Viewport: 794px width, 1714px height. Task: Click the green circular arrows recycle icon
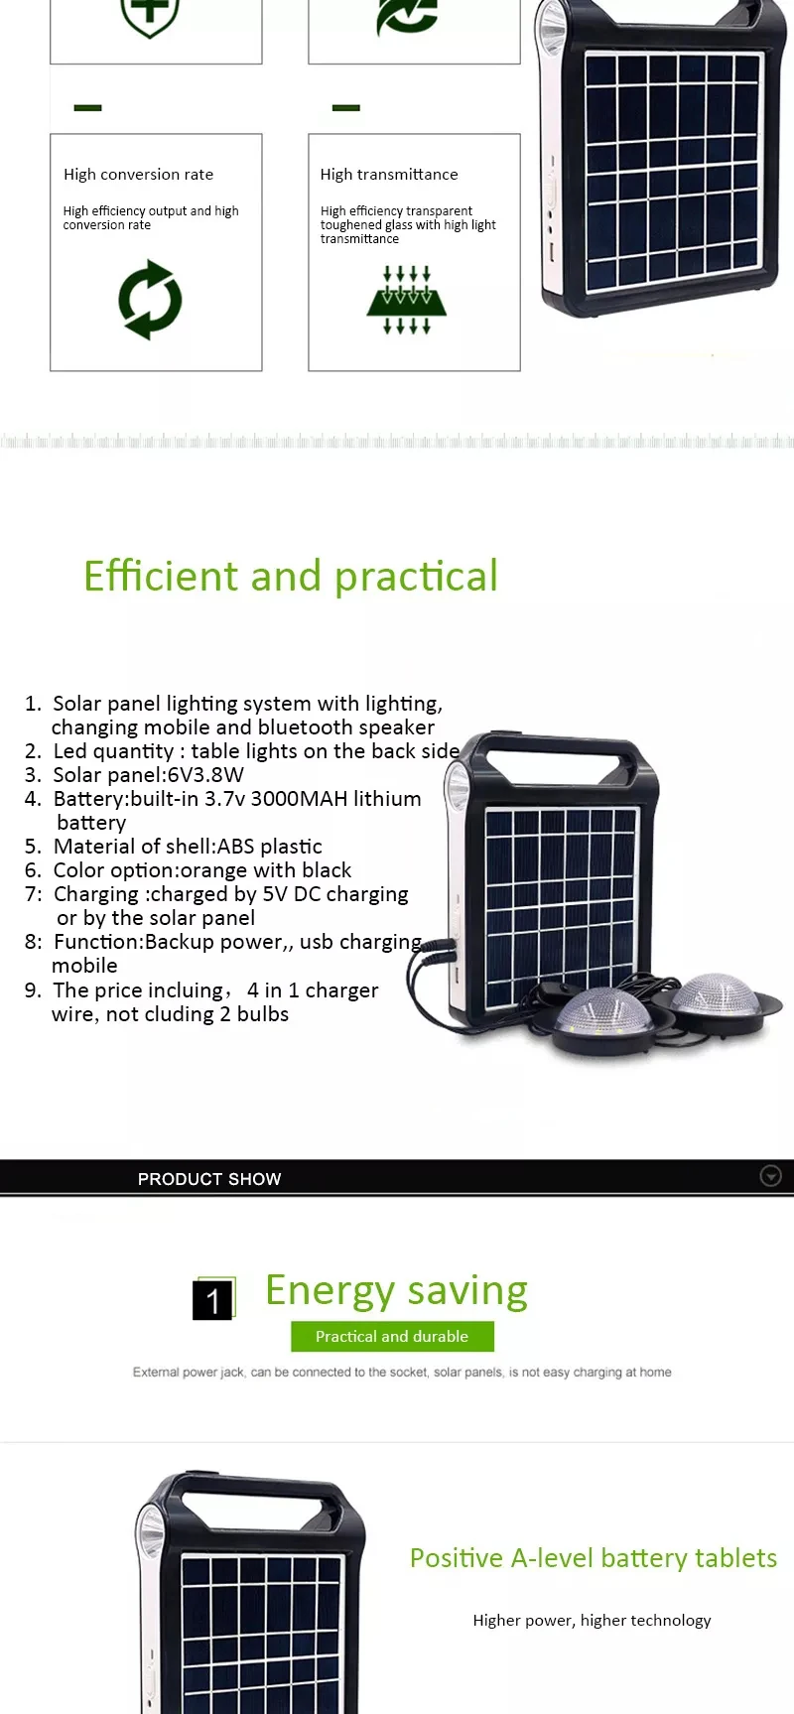click(x=150, y=300)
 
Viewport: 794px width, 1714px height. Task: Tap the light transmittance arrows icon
click(x=407, y=300)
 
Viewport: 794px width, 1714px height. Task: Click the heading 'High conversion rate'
click(x=138, y=175)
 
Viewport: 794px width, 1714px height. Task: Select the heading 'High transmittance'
click(x=389, y=175)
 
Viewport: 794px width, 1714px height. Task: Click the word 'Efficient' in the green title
click(x=161, y=576)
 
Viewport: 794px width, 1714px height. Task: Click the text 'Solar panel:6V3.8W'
click(x=148, y=775)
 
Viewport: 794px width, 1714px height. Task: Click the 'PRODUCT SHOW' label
click(x=209, y=1179)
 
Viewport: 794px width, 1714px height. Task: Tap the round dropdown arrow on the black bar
click(x=770, y=1176)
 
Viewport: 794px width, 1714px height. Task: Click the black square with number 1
click(x=212, y=1300)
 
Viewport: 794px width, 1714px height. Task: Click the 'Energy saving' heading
click(x=396, y=1291)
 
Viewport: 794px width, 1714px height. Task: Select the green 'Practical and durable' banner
click(x=392, y=1337)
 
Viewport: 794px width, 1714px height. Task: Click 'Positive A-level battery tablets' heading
click(x=594, y=1558)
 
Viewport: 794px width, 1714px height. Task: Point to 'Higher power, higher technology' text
click(x=592, y=1621)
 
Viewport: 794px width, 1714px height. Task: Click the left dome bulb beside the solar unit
click(x=594, y=1014)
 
